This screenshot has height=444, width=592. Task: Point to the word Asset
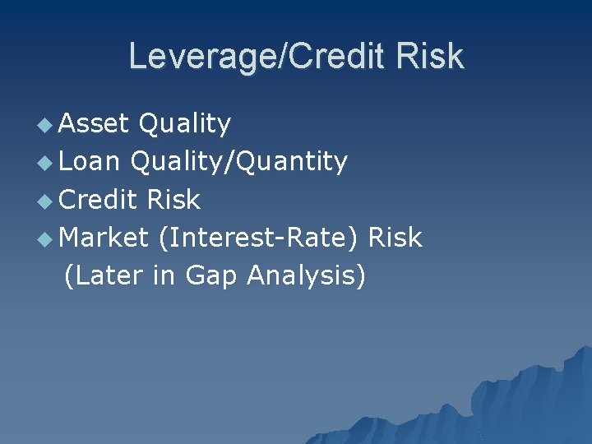(94, 123)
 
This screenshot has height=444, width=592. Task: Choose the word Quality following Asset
(185, 123)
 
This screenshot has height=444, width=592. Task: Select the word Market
(104, 238)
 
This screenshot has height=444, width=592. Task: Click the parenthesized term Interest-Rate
(260, 238)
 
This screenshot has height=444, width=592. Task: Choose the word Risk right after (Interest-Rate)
(395, 238)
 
